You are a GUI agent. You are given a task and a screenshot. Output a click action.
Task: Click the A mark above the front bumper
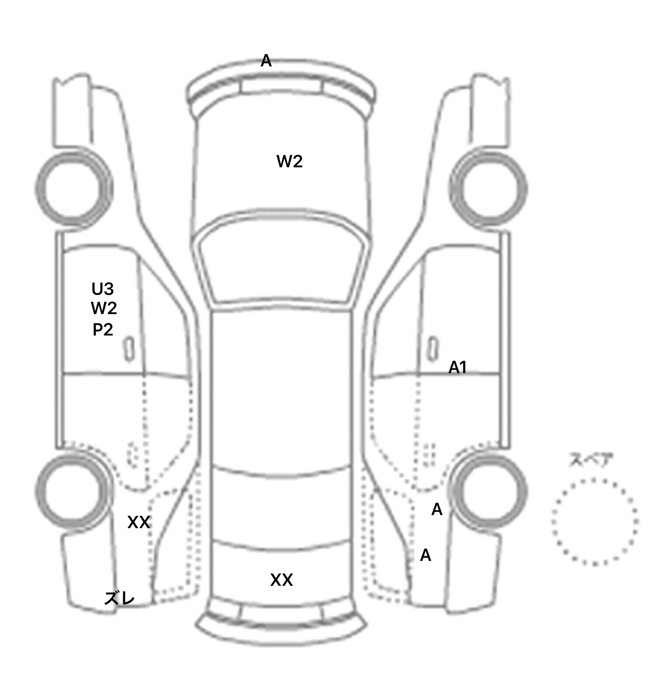pyautogui.click(x=266, y=61)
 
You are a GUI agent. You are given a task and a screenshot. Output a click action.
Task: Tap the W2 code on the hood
pyautogui.click(x=290, y=162)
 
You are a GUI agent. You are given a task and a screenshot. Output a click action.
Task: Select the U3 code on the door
pyautogui.click(x=103, y=289)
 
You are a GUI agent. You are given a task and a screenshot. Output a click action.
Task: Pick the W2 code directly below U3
pyautogui.click(x=104, y=308)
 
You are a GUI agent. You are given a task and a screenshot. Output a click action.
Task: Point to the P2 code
pyautogui.click(x=103, y=329)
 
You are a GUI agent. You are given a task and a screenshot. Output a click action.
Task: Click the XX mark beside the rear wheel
pyautogui.click(x=139, y=522)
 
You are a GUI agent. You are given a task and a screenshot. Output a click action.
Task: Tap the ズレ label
pyautogui.click(x=119, y=599)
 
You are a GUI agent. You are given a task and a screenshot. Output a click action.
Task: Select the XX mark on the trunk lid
pyautogui.click(x=282, y=580)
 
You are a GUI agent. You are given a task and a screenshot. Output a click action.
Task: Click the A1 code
pyautogui.click(x=458, y=368)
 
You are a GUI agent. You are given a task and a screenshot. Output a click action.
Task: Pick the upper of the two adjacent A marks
pyautogui.click(x=437, y=509)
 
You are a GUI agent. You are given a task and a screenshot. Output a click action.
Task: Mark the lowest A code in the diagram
pyautogui.click(x=425, y=555)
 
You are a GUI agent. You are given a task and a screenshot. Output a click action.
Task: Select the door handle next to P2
pyautogui.click(x=129, y=349)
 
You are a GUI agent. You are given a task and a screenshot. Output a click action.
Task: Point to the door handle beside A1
pyautogui.click(x=432, y=349)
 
